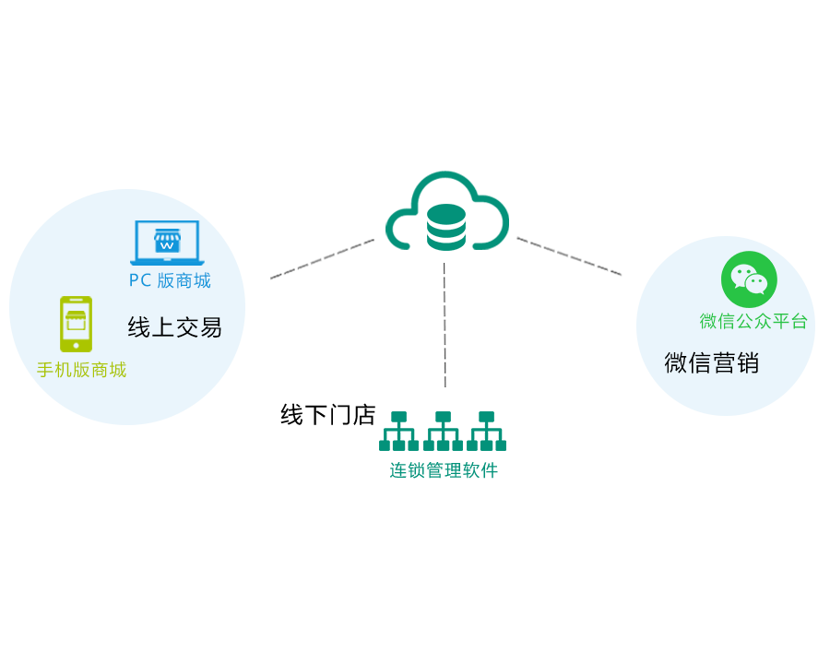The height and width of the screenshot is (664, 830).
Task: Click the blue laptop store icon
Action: (x=167, y=243)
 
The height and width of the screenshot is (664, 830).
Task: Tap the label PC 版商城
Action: (x=170, y=280)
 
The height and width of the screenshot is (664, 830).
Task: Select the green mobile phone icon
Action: (x=76, y=324)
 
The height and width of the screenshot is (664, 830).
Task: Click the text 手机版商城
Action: (x=81, y=371)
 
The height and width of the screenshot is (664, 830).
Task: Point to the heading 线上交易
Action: (x=174, y=327)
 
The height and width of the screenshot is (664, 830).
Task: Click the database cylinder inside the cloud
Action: (x=446, y=227)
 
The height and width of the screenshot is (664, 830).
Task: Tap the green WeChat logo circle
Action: (x=749, y=279)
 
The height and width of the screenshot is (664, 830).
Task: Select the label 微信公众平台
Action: (x=753, y=321)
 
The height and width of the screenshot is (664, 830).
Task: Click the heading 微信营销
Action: (x=711, y=362)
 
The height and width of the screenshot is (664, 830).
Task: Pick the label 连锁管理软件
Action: (x=444, y=470)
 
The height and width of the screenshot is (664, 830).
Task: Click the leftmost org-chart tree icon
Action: (x=398, y=431)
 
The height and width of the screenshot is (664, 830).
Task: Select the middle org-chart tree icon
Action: (x=443, y=431)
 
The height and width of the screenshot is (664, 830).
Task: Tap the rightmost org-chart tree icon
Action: (x=486, y=431)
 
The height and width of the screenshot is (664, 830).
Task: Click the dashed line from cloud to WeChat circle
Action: (x=569, y=256)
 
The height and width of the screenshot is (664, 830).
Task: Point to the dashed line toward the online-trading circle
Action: (x=322, y=259)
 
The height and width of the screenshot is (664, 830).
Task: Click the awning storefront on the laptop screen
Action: (x=167, y=241)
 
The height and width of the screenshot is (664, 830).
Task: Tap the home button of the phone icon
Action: (x=76, y=345)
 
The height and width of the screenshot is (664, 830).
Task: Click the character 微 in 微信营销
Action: (x=676, y=362)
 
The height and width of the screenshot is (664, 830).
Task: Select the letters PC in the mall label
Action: (x=140, y=280)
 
